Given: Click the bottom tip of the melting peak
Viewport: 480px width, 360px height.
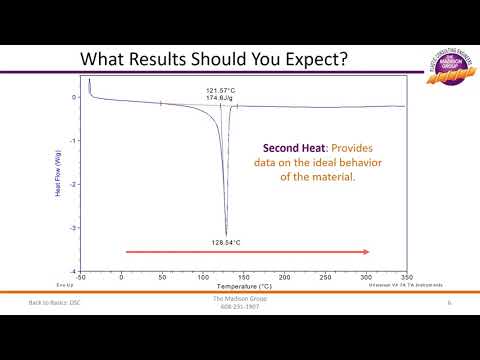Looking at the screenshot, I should (226, 234).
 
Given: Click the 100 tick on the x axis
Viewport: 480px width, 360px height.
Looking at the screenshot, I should (203, 277).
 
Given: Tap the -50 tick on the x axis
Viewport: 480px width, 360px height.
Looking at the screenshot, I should (81, 277).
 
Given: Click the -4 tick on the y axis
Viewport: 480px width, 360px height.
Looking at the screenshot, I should (74, 271).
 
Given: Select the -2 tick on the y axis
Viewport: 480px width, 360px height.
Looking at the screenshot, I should (74, 184).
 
